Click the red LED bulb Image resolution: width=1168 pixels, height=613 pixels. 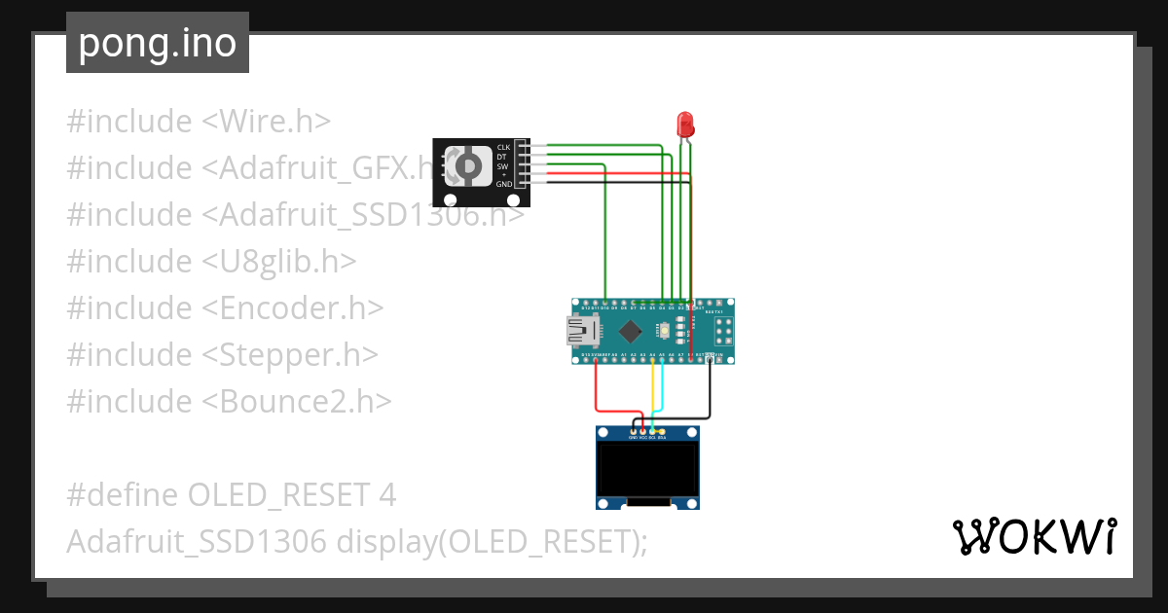[x=685, y=124]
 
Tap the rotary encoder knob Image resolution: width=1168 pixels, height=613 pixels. [x=468, y=166]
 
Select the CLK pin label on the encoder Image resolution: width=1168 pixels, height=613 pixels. [x=503, y=147]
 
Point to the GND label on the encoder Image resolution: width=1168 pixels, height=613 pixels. [x=503, y=184]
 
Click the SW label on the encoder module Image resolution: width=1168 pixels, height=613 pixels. [x=502, y=165]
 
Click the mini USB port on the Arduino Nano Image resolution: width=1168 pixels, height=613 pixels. [x=584, y=332]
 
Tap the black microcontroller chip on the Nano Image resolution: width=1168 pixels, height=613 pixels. [x=631, y=331]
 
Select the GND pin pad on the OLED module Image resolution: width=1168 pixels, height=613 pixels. [x=634, y=431]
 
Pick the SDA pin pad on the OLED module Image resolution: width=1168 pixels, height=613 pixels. [x=662, y=431]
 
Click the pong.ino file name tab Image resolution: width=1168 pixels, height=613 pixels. [x=158, y=44]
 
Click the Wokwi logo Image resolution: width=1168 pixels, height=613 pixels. [x=1034, y=537]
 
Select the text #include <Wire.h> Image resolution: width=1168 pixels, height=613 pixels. [x=199, y=122]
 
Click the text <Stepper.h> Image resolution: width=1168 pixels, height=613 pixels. [x=290, y=354]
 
